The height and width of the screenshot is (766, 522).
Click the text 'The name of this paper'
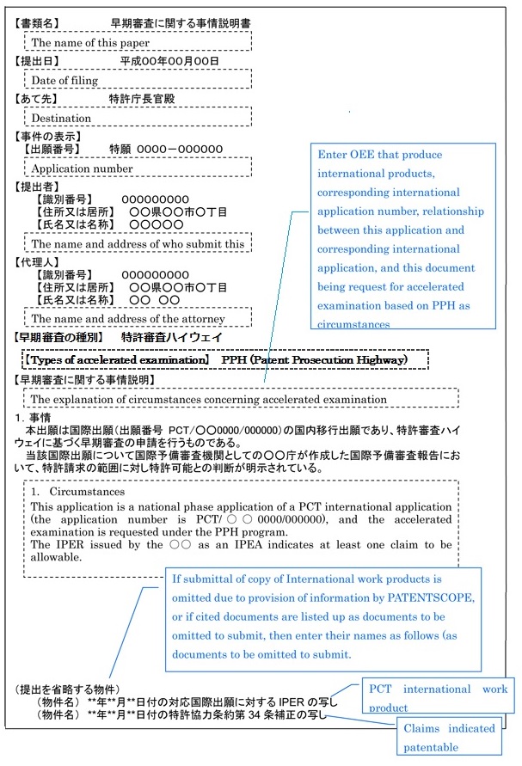pyautogui.click(x=90, y=42)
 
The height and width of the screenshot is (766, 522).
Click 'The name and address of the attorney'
pyautogui.click(x=129, y=319)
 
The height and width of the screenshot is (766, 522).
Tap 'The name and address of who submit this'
pyautogui.click(x=138, y=243)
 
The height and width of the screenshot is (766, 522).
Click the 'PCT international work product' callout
pyautogui.click(x=437, y=697)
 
